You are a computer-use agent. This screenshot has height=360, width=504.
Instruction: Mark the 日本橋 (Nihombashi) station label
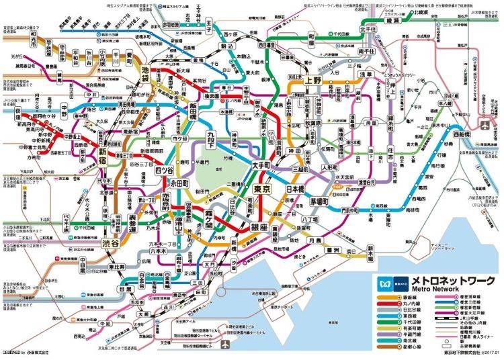click(297, 190)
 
